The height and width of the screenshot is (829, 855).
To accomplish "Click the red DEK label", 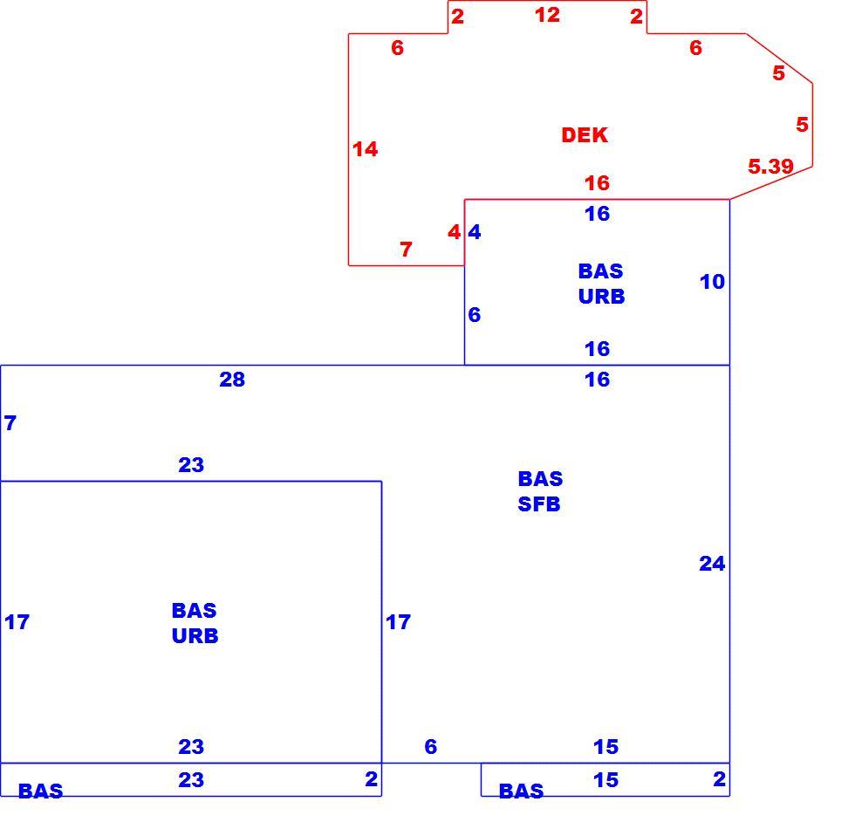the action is [x=584, y=134].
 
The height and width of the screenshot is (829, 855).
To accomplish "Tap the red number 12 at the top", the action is [x=547, y=15].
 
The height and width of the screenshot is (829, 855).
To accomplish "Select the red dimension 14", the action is [x=365, y=149].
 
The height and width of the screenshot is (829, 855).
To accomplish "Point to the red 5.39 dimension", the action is [x=770, y=166].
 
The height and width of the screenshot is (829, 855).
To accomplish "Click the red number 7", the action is [x=406, y=250].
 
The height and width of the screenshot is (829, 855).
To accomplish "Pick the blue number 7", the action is [x=10, y=422].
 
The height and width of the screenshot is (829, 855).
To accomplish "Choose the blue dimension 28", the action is [x=232, y=379].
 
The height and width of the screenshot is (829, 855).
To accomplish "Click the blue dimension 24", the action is [x=712, y=564].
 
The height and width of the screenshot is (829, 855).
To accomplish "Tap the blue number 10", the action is [x=712, y=281].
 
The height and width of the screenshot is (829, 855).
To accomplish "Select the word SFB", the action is [x=539, y=504].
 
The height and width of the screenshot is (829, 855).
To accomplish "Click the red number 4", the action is [x=454, y=232].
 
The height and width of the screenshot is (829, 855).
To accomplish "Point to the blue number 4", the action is [x=475, y=232].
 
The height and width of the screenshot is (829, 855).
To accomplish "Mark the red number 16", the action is [x=597, y=182].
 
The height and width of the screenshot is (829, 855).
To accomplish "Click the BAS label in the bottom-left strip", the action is [x=40, y=791].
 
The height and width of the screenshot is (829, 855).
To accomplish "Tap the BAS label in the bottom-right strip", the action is [x=521, y=791].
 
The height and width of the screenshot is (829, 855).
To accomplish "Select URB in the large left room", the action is [x=195, y=635].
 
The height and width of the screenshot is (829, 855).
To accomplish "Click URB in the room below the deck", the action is [x=601, y=296].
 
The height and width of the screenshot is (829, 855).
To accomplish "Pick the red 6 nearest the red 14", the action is [x=397, y=48].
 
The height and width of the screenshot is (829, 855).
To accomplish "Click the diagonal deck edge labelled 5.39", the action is [x=771, y=182].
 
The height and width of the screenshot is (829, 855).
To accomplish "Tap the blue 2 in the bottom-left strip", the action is [x=371, y=778].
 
